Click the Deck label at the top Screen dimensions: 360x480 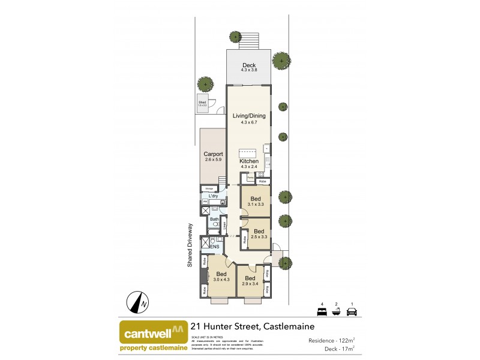pyautogui.click(x=249, y=65)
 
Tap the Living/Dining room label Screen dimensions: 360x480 pyautogui.click(x=248, y=116)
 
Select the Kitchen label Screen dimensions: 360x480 pyautogui.click(x=249, y=161)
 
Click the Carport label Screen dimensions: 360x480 pyautogui.click(x=213, y=154)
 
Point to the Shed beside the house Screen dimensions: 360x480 pyautogui.click(x=202, y=103)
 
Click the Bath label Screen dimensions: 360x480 pyautogui.click(x=214, y=220)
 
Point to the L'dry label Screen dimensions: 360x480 pyautogui.click(x=213, y=196)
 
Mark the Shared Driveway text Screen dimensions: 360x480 pyautogui.click(x=189, y=245)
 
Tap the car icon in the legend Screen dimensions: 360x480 pyautogui.click(x=353, y=311)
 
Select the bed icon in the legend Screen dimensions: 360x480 pyautogui.click(x=322, y=311)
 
